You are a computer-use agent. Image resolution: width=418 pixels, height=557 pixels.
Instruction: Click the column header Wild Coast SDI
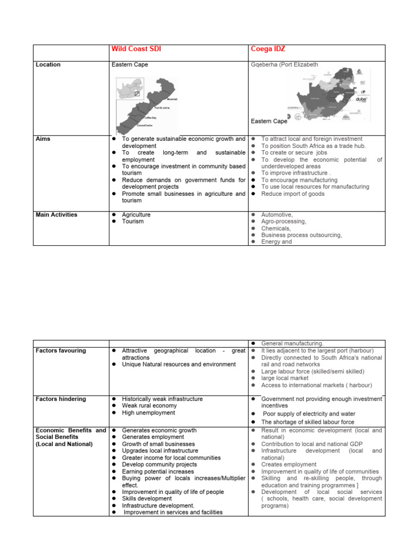click(x=136, y=49)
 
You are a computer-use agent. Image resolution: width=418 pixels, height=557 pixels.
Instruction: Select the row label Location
click(x=48, y=65)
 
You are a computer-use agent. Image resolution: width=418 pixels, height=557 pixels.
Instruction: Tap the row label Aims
click(x=43, y=139)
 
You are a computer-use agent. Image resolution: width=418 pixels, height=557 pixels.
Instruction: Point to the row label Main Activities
click(x=56, y=215)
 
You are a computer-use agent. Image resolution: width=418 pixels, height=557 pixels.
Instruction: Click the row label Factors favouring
click(x=60, y=351)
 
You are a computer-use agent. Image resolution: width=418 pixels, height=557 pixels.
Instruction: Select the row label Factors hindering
click(x=60, y=399)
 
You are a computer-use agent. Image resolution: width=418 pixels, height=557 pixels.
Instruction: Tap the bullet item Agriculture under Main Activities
click(x=136, y=215)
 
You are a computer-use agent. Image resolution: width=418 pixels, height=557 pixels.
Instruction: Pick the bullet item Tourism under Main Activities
click(x=133, y=222)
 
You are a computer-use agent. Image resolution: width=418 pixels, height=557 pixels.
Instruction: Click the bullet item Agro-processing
click(x=284, y=222)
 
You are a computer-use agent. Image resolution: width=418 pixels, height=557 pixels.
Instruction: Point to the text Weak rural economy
click(x=149, y=406)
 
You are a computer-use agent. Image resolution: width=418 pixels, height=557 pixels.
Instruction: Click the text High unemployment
click(x=149, y=413)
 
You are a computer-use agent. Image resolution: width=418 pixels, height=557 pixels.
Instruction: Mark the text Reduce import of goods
click(x=292, y=194)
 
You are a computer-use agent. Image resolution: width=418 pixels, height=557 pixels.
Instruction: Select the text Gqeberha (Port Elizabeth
click(x=284, y=65)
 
